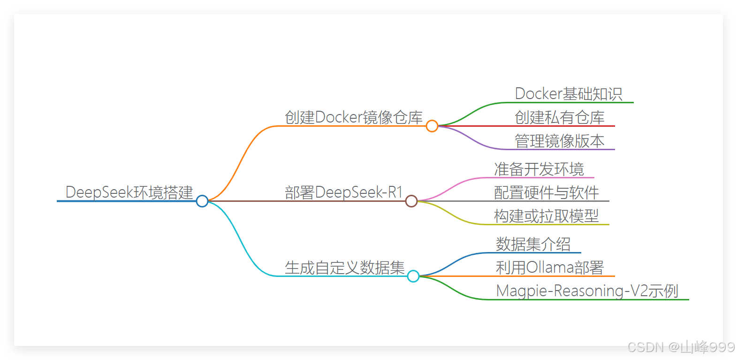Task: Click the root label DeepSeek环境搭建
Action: click(129, 192)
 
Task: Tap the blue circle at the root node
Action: click(202, 201)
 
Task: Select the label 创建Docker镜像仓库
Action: click(354, 117)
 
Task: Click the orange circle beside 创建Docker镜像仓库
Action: click(432, 126)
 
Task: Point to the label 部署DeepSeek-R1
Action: click(344, 192)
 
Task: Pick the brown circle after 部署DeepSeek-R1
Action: click(411, 201)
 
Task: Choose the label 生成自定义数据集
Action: click(345, 268)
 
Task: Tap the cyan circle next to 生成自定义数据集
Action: click(413, 276)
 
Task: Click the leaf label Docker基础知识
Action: click(569, 94)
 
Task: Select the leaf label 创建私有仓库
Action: click(560, 117)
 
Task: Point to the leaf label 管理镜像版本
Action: click(560, 141)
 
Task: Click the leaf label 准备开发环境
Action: click(539, 169)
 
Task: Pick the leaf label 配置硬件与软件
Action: click(547, 192)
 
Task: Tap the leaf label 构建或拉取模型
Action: click(547, 216)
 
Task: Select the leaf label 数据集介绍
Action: click(533, 244)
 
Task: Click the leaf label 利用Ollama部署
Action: click(550, 268)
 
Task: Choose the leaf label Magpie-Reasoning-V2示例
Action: click(587, 291)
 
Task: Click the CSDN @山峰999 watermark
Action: click(680, 347)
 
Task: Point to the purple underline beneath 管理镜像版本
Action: click(563, 149)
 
